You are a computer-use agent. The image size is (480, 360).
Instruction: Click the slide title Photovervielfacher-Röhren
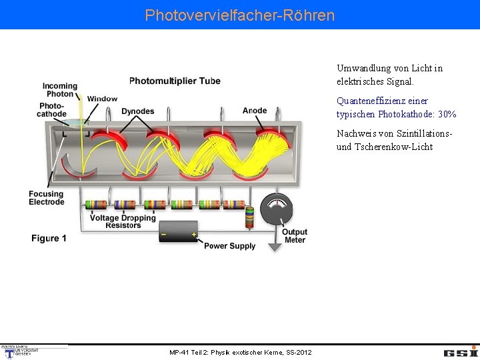click(x=240, y=15)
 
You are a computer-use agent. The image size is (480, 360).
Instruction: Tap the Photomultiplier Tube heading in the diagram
click(x=175, y=81)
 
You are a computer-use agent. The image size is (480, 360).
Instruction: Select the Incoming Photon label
click(x=60, y=90)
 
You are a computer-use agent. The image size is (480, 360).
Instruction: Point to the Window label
click(x=102, y=99)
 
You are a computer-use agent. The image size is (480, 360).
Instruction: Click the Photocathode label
click(x=51, y=110)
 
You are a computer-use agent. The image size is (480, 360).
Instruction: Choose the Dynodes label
click(x=138, y=111)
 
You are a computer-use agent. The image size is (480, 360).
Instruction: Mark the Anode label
click(x=255, y=111)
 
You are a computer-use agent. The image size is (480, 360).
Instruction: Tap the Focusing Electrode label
click(x=47, y=198)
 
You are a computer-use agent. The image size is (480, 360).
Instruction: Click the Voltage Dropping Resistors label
click(x=123, y=221)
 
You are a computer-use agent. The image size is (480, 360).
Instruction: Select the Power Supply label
click(x=229, y=246)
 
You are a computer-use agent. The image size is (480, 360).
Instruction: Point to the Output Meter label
click(x=295, y=236)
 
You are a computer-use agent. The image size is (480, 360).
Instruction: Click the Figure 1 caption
click(x=49, y=238)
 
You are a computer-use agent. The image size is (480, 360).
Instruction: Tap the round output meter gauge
click(x=275, y=209)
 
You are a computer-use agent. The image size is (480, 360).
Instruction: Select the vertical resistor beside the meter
click(x=249, y=217)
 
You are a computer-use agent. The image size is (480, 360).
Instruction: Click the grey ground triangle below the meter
click(x=275, y=246)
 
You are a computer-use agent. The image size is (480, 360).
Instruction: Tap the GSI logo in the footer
click(x=461, y=352)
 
